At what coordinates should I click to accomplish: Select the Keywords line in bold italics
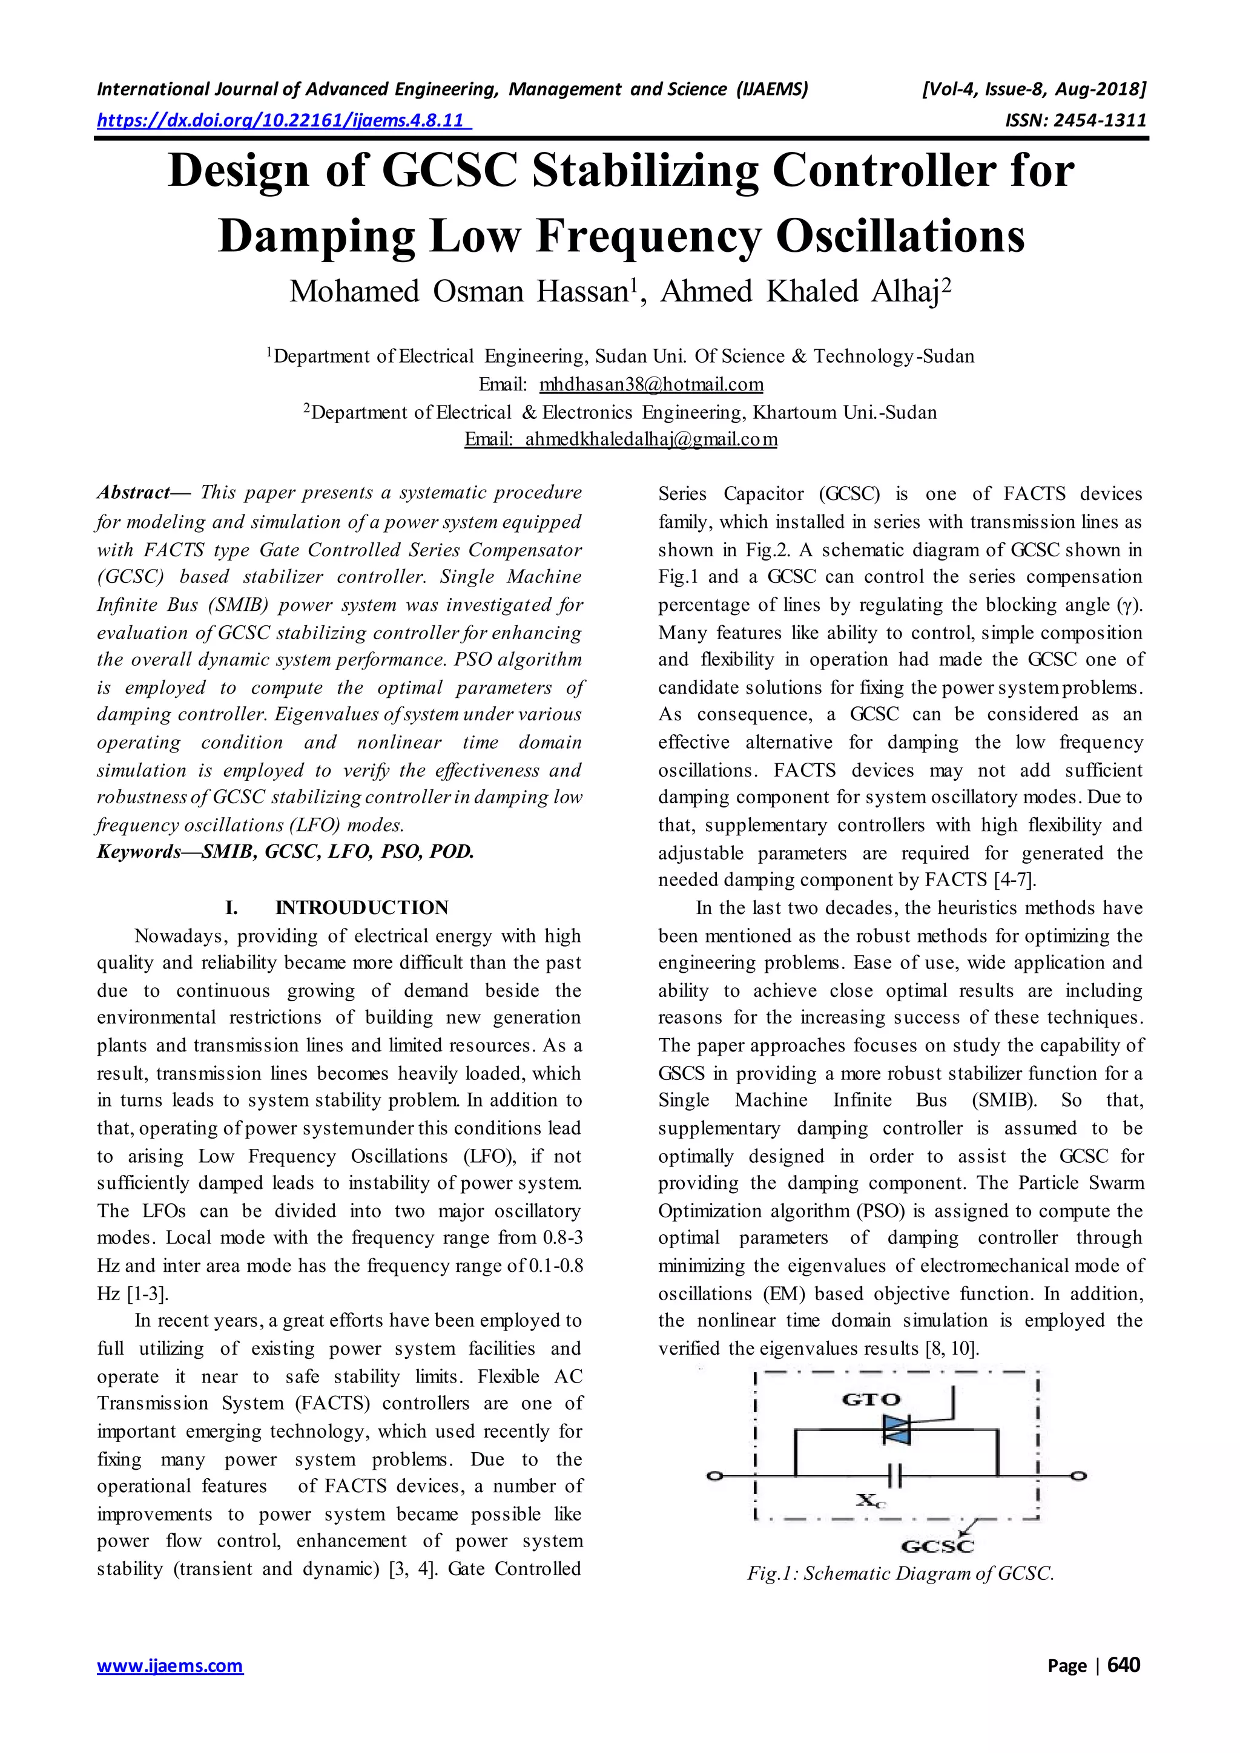point(286,851)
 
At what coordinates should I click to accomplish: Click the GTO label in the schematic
point(871,1399)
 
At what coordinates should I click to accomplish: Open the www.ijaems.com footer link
point(170,1686)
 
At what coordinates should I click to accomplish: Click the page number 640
point(1123,1686)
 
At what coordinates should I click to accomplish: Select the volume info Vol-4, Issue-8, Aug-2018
point(1034,90)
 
